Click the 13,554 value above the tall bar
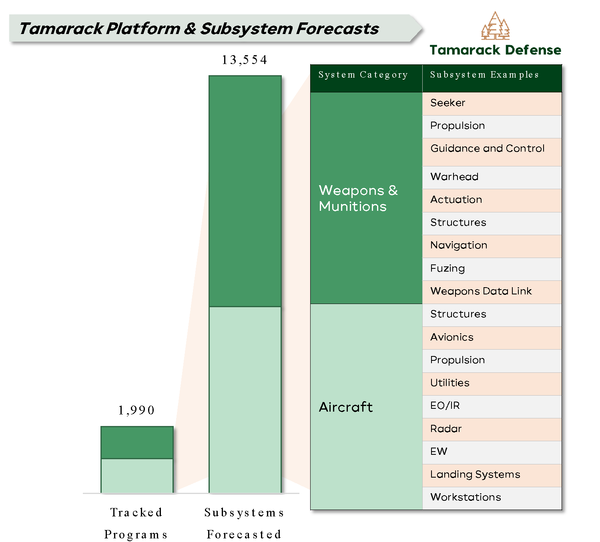click(244, 60)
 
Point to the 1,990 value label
click(136, 410)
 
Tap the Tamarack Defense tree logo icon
click(495, 26)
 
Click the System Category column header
click(363, 75)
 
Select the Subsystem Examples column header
click(484, 75)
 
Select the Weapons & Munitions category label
click(358, 198)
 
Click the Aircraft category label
click(346, 407)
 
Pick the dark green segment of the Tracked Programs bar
click(137, 442)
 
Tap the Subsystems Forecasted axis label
click(244, 523)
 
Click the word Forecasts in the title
click(337, 29)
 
